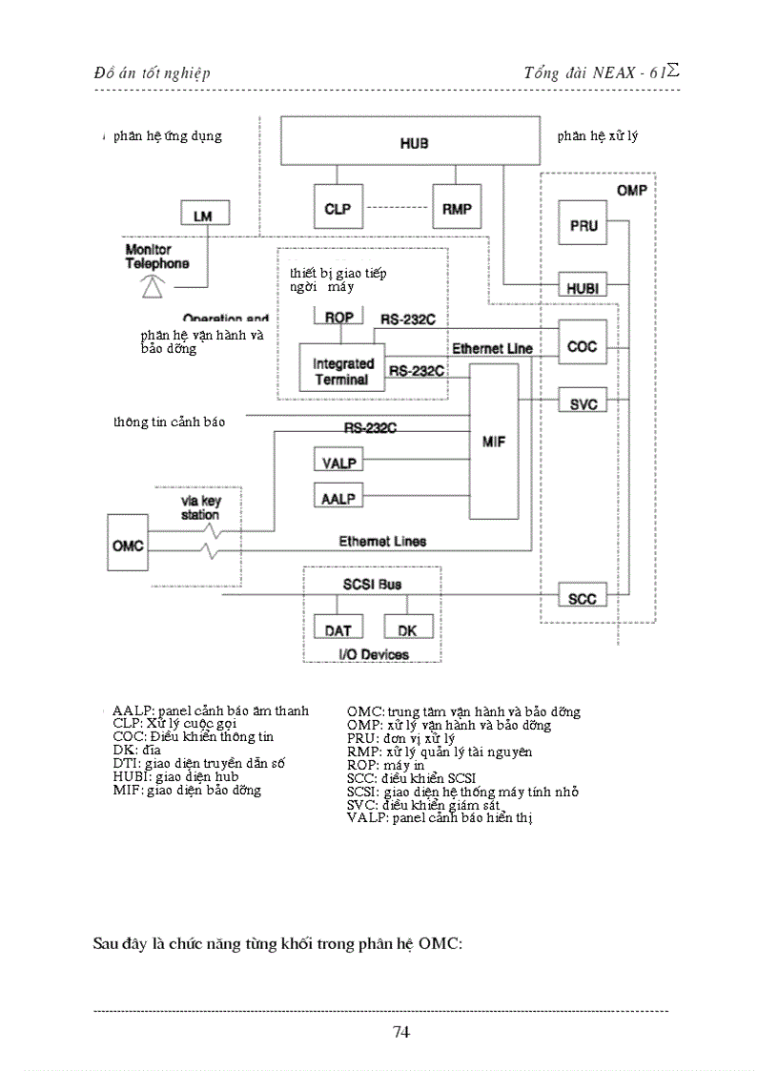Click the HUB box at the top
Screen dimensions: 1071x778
pyautogui.click(x=414, y=143)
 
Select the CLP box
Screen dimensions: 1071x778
pyautogui.click(x=338, y=209)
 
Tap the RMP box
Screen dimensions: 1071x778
pyautogui.click(x=457, y=209)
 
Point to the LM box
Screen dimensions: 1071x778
pyautogui.click(x=203, y=216)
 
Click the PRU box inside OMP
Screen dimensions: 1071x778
pyautogui.click(x=583, y=226)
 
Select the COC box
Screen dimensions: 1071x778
pyautogui.click(x=583, y=346)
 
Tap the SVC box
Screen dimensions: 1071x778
pyautogui.click(x=583, y=403)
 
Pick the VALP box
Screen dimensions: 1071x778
pyautogui.click(x=338, y=463)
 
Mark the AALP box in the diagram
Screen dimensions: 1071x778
pyautogui.click(x=338, y=498)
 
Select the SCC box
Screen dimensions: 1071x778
pyautogui.click(x=583, y=599)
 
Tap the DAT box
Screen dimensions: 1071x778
pyautogui.click(x=338, y=629)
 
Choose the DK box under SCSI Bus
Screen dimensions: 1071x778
pyautogui.click(x=407, y=629)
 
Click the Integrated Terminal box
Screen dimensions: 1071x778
pyautogui.click(x=342, y=371)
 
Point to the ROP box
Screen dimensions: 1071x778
pyautogui.click(x=340, y=318)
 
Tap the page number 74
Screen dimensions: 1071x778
pyautogui.click(x=400, y=1031)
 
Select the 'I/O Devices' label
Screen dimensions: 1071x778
pyautogui.click(x=373, y=654)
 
